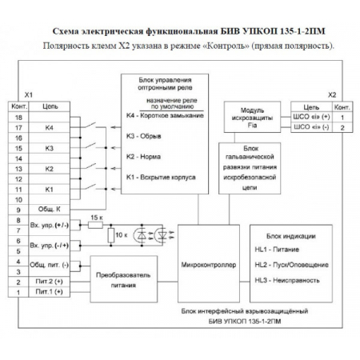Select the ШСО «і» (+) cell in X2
coord(313,117)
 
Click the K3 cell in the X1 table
coord(50,148)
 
